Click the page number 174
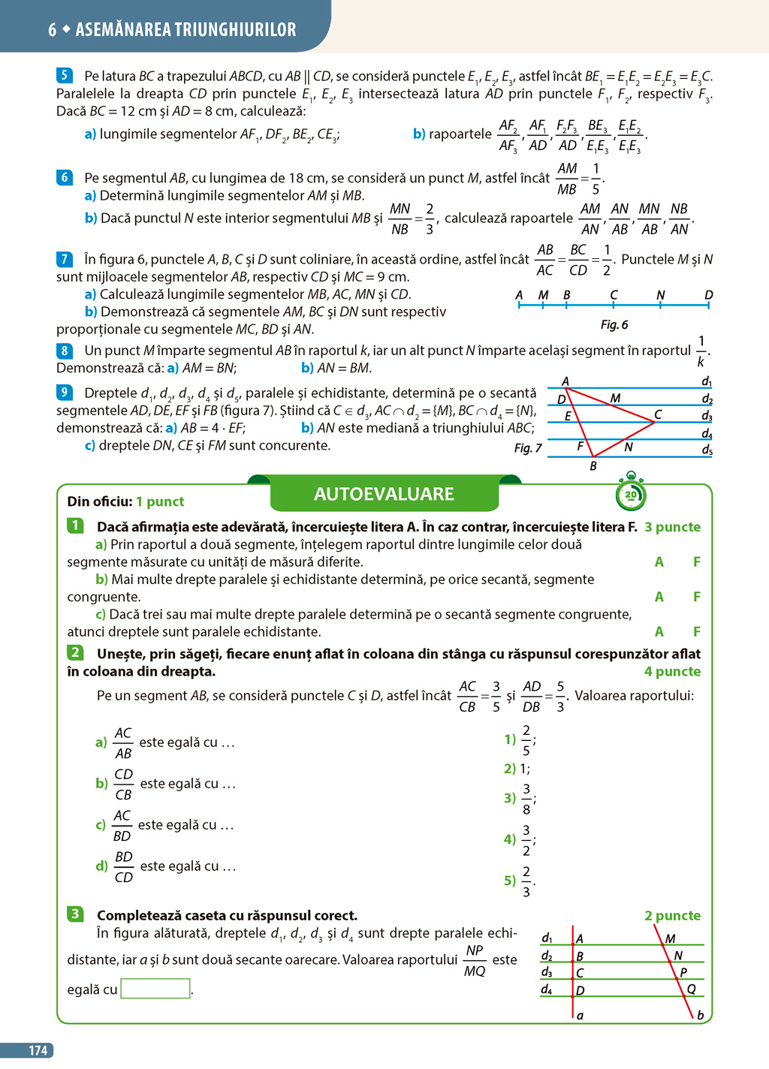click(x=38, y=1051)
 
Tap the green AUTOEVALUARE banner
click(x=384, y=494)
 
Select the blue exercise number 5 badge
click(x=65, y=75)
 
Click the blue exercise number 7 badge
click(x=65, y=259)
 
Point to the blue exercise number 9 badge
click(x=65, y=392)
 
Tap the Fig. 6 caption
click(x=614, y=324)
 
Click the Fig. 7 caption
click(x=527, y=448)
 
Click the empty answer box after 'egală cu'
click(x=155, y=989)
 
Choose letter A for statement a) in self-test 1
click(x=659, y=562)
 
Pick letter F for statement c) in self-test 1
click(x=697, y=632)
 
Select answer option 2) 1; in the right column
click(x=517, y=769)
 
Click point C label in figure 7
click(x=658, y=414)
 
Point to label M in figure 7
click(x=615, y=398)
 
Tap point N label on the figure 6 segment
click(x=660, y=295)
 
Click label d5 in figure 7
click(x=707, y=450)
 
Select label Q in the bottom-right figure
click(x=691, y=989)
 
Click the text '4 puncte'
click(x=672, y=672)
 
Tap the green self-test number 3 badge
click(x=75, y=914)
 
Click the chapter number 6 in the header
click(x=52, y=30)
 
